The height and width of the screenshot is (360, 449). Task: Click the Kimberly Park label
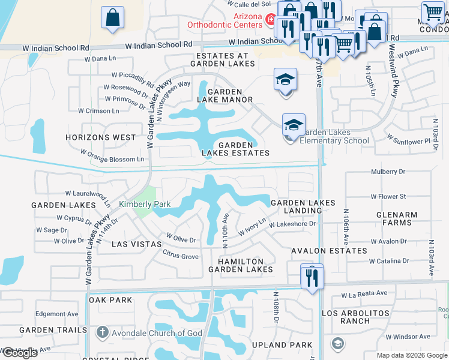[145, 205]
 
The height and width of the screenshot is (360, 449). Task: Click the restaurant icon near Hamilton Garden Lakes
[313, 278]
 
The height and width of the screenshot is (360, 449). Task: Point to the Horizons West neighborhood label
[101, 137]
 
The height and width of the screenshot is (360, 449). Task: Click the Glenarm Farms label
[394, 218]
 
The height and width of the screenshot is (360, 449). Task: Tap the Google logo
[20, 353]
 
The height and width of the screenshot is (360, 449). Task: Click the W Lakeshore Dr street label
[292, 224]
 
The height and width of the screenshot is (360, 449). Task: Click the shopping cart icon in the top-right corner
[432, 12]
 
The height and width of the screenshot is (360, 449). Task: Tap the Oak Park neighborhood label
[110, 299]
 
